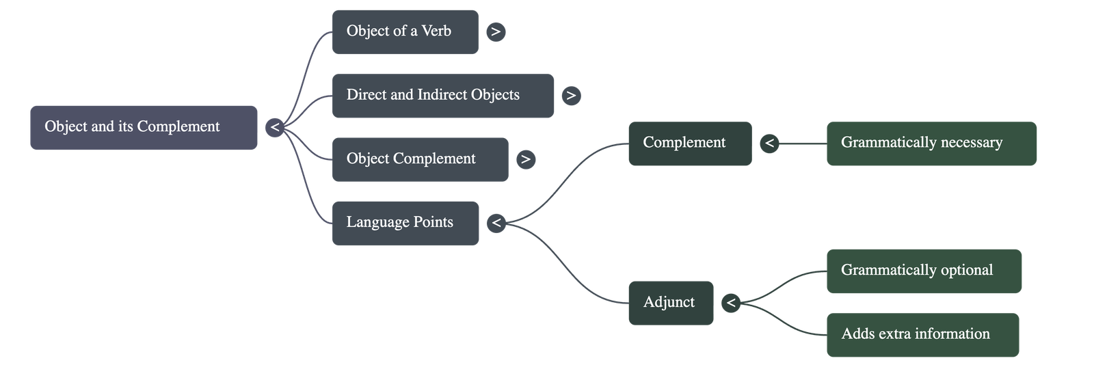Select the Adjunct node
pos(670,303)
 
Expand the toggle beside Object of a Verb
pos(496,31)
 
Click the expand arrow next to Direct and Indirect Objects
pos(571,96)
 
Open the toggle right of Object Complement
pos(525,159)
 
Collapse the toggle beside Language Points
pos(496,223)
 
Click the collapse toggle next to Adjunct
pos(731,303)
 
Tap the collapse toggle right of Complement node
pos(769,144)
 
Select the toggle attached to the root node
pos(275,127)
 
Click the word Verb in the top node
pos(436,31)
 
